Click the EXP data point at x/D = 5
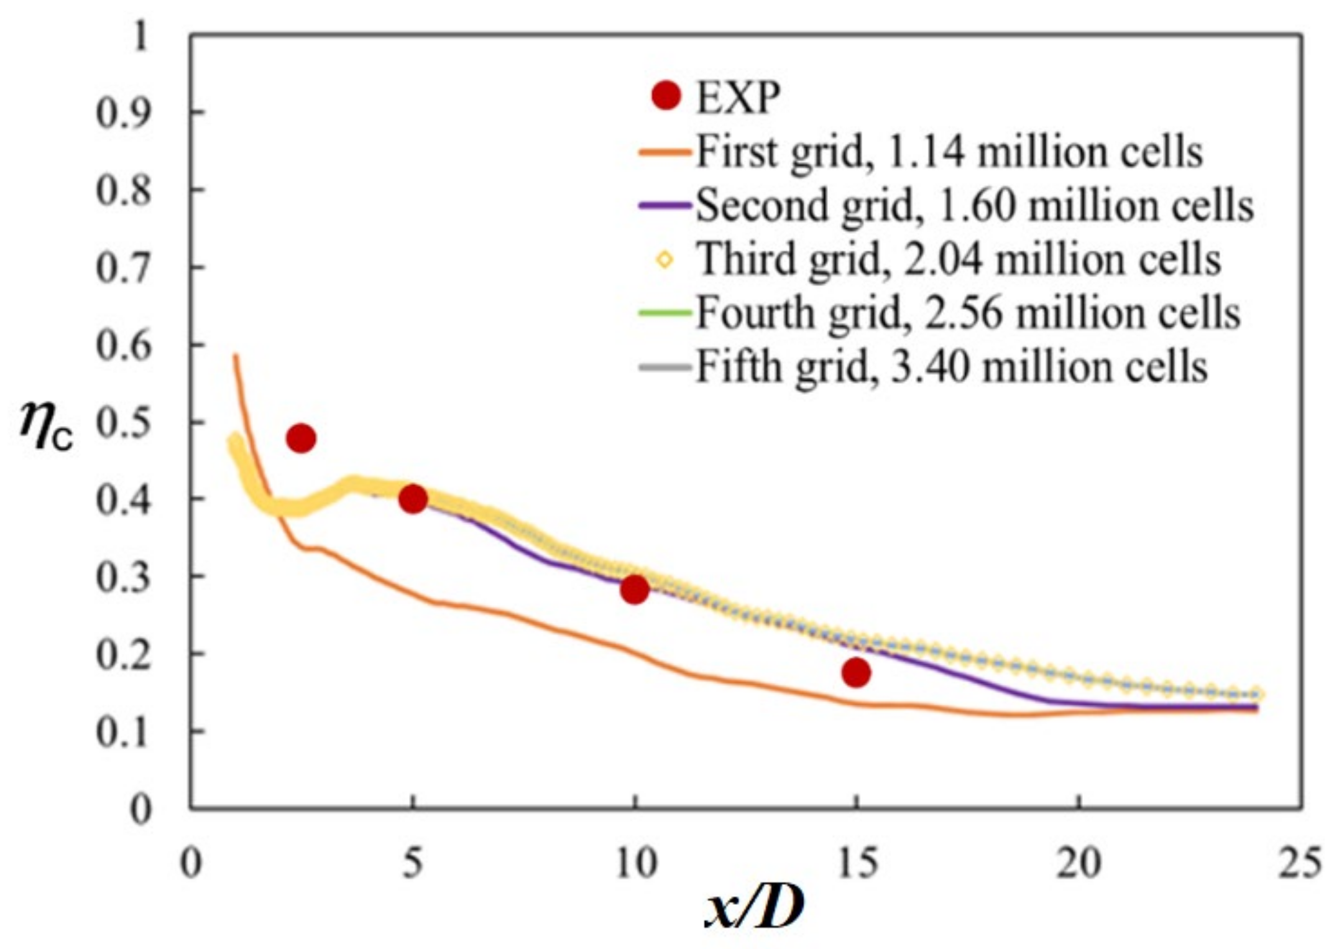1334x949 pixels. pyautogui.click(x=413, y=499)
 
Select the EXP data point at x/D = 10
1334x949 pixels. pyautogui.click(x=634, y=590)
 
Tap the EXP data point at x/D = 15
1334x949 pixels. pyautogui.click(x=856, y=672)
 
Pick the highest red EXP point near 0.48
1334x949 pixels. pyautogui.click(x=301, y=438)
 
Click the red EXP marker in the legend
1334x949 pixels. pyautogui.click(x=666, y=96)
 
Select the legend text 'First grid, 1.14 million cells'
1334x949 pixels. pyautogui.click(x=949, y=151)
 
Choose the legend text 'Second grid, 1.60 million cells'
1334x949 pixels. pyautogui.click(x=974, y=205)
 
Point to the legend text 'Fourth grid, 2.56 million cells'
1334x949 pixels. pyautogui.click(x=967, y=313)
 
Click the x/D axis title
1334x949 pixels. pyautogui.click(x=754, y=909)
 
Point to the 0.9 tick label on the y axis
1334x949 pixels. pyautogui.click(x=123, y=113)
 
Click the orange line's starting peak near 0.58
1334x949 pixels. pyautogui.click(x=236, y=356)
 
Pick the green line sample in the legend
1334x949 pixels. pyautogui.click(x=665, y=313)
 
